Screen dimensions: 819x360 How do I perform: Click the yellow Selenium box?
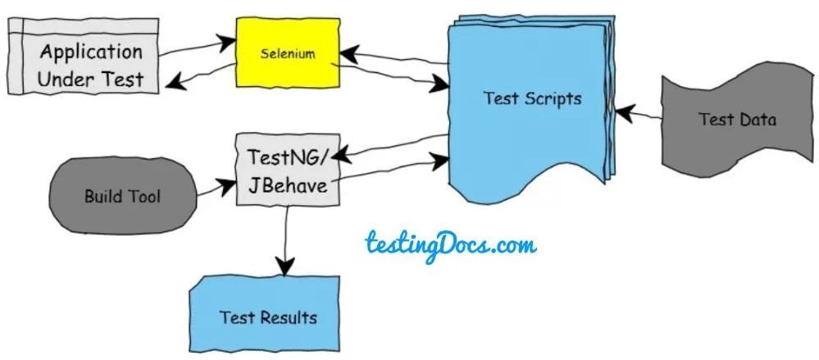tap(288, 54)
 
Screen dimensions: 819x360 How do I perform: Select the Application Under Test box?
tap(82, 66)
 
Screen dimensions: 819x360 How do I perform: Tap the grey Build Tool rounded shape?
tap(123, 197)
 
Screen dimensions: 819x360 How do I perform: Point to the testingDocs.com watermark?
tap(450, 244)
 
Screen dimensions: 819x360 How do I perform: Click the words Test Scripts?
tap(532, 99)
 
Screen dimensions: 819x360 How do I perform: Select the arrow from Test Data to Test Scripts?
tap(640, 114)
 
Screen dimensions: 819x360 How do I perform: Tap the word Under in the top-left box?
tap(64, 79)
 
